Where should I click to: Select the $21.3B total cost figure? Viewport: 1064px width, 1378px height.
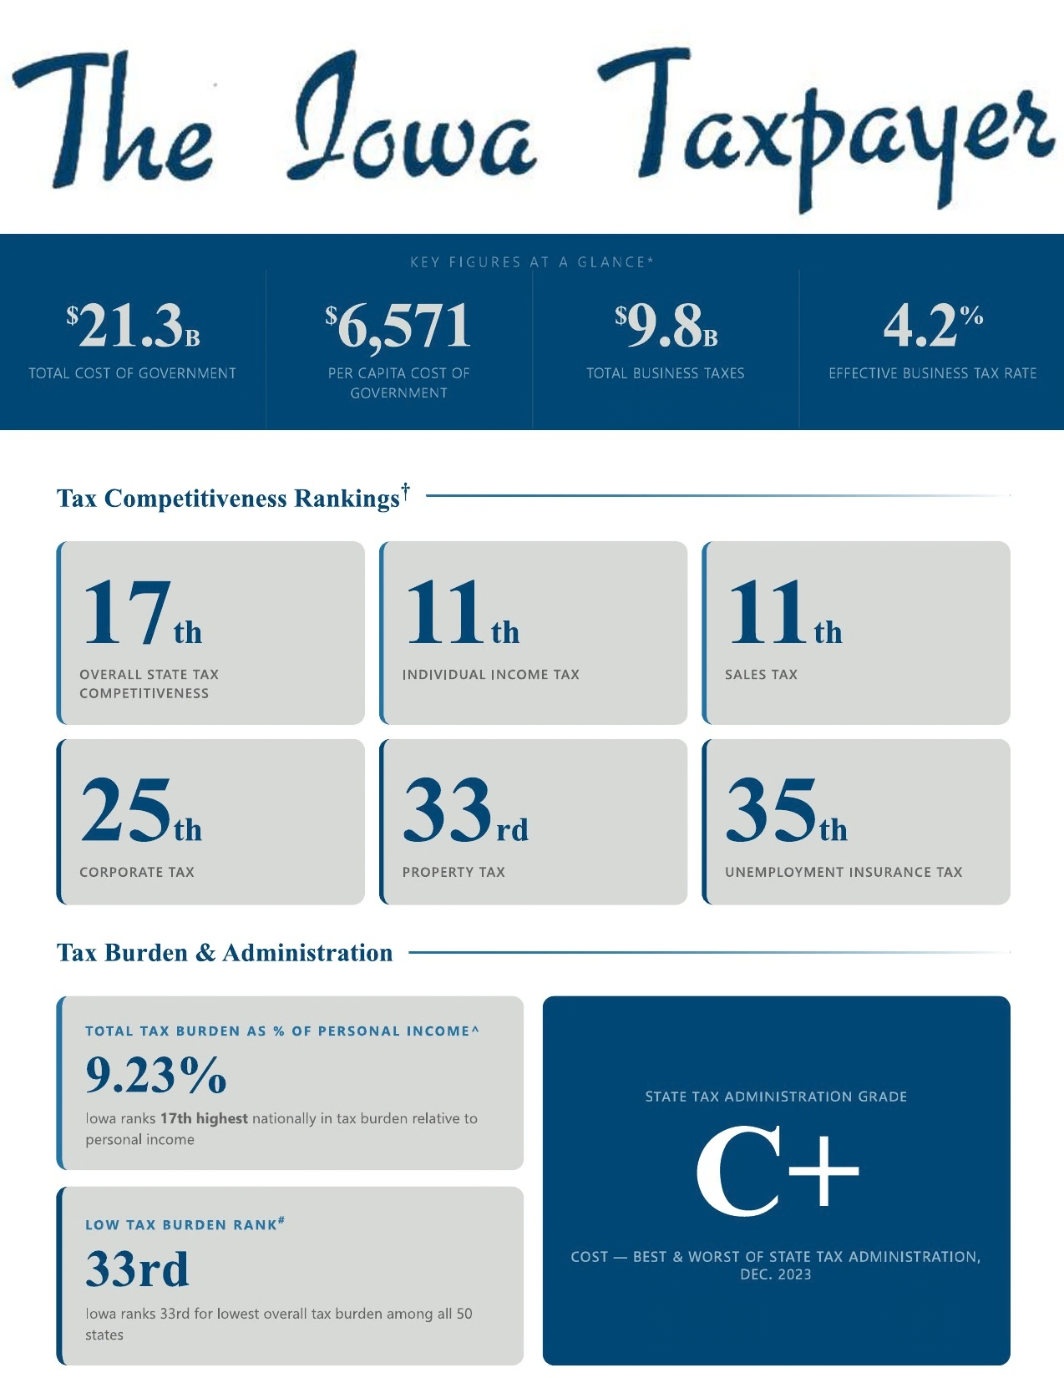click(x=133, y=326)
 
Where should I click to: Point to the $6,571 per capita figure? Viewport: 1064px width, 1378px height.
click(x=398, y=326)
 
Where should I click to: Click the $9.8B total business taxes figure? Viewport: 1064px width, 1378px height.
click(x=666, y=326)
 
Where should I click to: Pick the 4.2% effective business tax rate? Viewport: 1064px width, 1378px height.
click(x=932, y=326)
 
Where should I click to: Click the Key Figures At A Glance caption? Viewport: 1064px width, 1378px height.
click(x=531, y=262)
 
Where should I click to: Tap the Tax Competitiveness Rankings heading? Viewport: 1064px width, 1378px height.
click(x=229, y=499)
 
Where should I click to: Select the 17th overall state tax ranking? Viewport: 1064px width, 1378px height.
click(x=142, y=615)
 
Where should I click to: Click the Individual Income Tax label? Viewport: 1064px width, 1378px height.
click(x=490, y=675)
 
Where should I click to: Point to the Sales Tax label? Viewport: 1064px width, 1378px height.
click(x=761, y=675)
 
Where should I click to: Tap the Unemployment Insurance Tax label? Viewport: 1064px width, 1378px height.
click(x=844, y=873)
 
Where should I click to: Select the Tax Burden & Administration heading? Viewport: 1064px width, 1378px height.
click(x=225, y=953)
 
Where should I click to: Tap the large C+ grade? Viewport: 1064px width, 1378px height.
click(x=777, y=1171)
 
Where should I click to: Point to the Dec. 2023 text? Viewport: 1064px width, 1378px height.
click(x=775, y=1275)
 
